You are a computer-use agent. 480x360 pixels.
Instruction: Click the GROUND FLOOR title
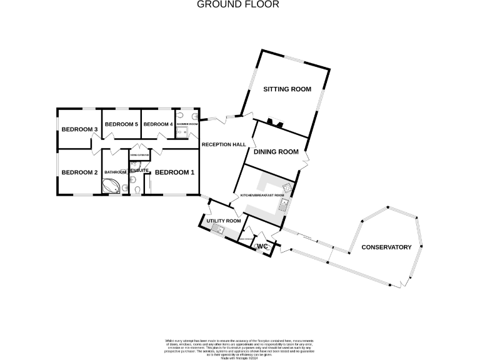(238, 4)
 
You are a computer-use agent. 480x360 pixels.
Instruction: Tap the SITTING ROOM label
(287, 89)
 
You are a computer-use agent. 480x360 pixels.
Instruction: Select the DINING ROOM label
(276, 151)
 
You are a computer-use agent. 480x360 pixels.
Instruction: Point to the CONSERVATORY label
(386, 247)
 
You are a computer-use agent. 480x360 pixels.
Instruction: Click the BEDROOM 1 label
(175, 172)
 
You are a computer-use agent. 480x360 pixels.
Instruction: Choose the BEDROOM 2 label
(79, 172)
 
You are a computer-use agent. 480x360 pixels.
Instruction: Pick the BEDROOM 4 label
(158, 124)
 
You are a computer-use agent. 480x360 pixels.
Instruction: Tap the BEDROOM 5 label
(121, 124)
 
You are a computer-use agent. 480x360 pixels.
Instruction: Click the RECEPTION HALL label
(223, 144)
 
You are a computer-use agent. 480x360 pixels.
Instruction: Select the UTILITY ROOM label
(224, 221)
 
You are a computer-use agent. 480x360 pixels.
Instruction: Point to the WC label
(262, 247)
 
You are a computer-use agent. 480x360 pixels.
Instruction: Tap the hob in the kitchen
(287, 188)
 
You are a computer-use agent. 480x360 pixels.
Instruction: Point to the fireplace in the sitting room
(274, 122)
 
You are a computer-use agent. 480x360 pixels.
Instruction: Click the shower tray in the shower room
(182, 132)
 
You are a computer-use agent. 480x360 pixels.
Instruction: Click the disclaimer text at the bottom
(240, 345)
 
